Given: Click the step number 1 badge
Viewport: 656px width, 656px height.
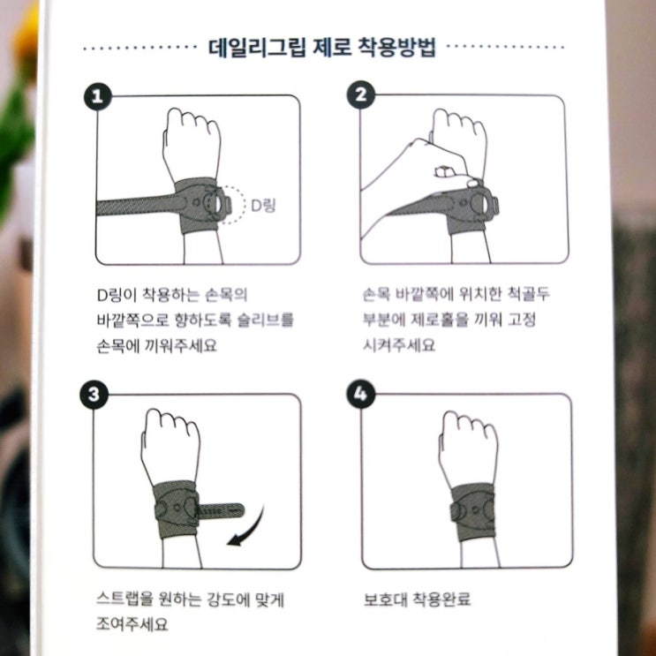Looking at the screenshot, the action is click(97, 96).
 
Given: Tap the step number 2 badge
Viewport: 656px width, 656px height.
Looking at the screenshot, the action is click(360, 95).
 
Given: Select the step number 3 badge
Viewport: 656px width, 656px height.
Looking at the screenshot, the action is click(94, 394).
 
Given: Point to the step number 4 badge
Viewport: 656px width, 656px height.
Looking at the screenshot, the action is click(360, 394).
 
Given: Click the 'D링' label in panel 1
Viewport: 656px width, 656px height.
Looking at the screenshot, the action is click(263, 205).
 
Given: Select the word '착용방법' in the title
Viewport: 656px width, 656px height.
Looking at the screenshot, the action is click(396, 47).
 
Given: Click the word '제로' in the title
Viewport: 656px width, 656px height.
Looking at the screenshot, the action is click(330, 47).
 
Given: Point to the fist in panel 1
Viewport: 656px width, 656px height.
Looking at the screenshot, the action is click(192, 140).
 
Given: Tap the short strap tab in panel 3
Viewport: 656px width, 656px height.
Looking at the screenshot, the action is click(221, 510).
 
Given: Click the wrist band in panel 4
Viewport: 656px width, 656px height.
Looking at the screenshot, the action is click(473, 511).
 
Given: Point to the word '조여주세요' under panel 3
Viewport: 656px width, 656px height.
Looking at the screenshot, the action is click(132, 623).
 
